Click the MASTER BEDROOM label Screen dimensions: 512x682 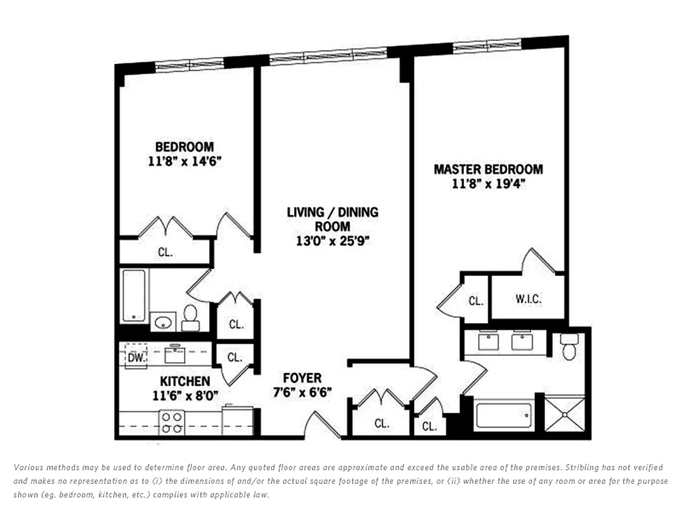tap(488, 170)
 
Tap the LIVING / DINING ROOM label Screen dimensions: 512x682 tap(332, 219)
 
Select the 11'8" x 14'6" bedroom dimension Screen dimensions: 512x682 tap(184, 161)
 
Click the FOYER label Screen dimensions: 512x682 tap(302, 378)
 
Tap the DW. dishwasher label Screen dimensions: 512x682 tap(136, 357)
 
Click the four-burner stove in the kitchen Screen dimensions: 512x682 tap(171, 422)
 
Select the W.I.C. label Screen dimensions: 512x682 tap(528, 300)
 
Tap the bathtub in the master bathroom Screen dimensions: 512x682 tap(504, 416)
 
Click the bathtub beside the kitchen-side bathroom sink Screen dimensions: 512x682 tap(134, 295)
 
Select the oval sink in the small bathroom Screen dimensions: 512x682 tap(164, 321)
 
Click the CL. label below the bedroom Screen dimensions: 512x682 tap(165, 252)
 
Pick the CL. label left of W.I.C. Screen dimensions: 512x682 tap(476, 301)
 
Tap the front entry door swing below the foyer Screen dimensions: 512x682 tap(323, 425)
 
